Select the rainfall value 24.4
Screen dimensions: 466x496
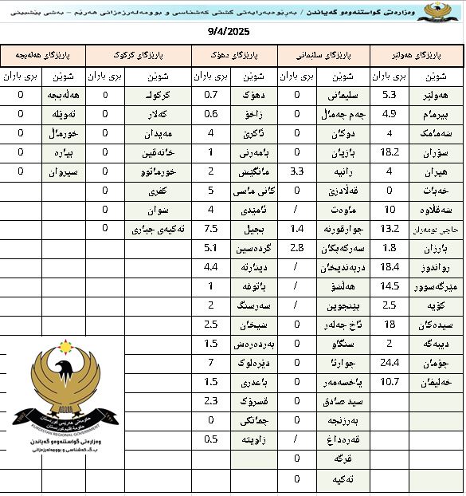[390, 362]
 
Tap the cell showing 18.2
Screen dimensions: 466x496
[390, 152]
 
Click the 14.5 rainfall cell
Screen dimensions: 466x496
[390, 286]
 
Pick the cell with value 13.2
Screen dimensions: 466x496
[390, 228]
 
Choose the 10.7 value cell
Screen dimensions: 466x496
[390, 381]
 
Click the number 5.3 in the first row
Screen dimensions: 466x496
[390, 94]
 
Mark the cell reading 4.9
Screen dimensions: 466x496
[390, 113]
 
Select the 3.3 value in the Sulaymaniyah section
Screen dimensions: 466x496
[296, 171]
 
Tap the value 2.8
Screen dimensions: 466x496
[296, 248]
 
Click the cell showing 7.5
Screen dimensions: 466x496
[211, 228]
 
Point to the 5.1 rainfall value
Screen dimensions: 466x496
[211, 247]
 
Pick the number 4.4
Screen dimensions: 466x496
[211, 266]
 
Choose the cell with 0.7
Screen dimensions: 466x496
[211, 94]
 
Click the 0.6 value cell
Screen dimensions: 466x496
[211, 113]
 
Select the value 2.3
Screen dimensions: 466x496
[211, 400]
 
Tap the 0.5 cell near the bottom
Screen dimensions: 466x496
[211, 439]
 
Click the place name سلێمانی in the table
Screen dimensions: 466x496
[340, 94]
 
